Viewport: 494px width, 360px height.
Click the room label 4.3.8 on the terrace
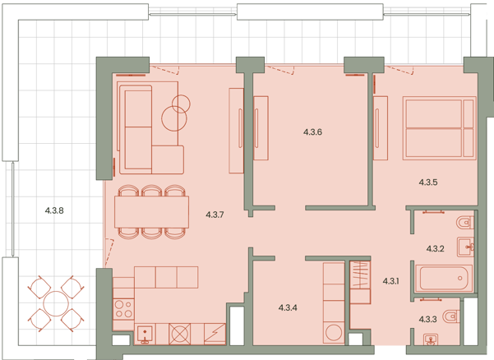(54, 210)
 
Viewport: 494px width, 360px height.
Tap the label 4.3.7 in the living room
(215, 215)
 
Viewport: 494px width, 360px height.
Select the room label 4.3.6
(312, 132)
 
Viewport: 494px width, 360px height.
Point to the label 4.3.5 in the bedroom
(428, 182)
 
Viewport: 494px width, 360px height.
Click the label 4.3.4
(288, 307)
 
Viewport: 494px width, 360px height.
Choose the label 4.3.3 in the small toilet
(427, 320)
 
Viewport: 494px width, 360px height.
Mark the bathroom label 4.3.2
(435, 249)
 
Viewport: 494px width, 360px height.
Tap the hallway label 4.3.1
(390, 281)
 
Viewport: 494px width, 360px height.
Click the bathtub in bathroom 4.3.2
(444, 278)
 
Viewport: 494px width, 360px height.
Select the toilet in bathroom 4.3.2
(465, 223)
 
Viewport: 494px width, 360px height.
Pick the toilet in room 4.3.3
(451, 316)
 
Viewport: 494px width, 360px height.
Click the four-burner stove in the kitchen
(124, 309)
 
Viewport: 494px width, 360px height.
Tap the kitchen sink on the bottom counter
(145, 334)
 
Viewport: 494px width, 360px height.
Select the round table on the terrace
(56, 304)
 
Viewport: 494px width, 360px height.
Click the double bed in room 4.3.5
(439, 128)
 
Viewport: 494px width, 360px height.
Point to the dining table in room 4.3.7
(151, 212)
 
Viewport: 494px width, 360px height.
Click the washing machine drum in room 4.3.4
(334, 333)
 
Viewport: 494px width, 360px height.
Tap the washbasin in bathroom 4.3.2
(466, 247)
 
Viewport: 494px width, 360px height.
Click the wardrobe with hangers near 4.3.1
(360, 275)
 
